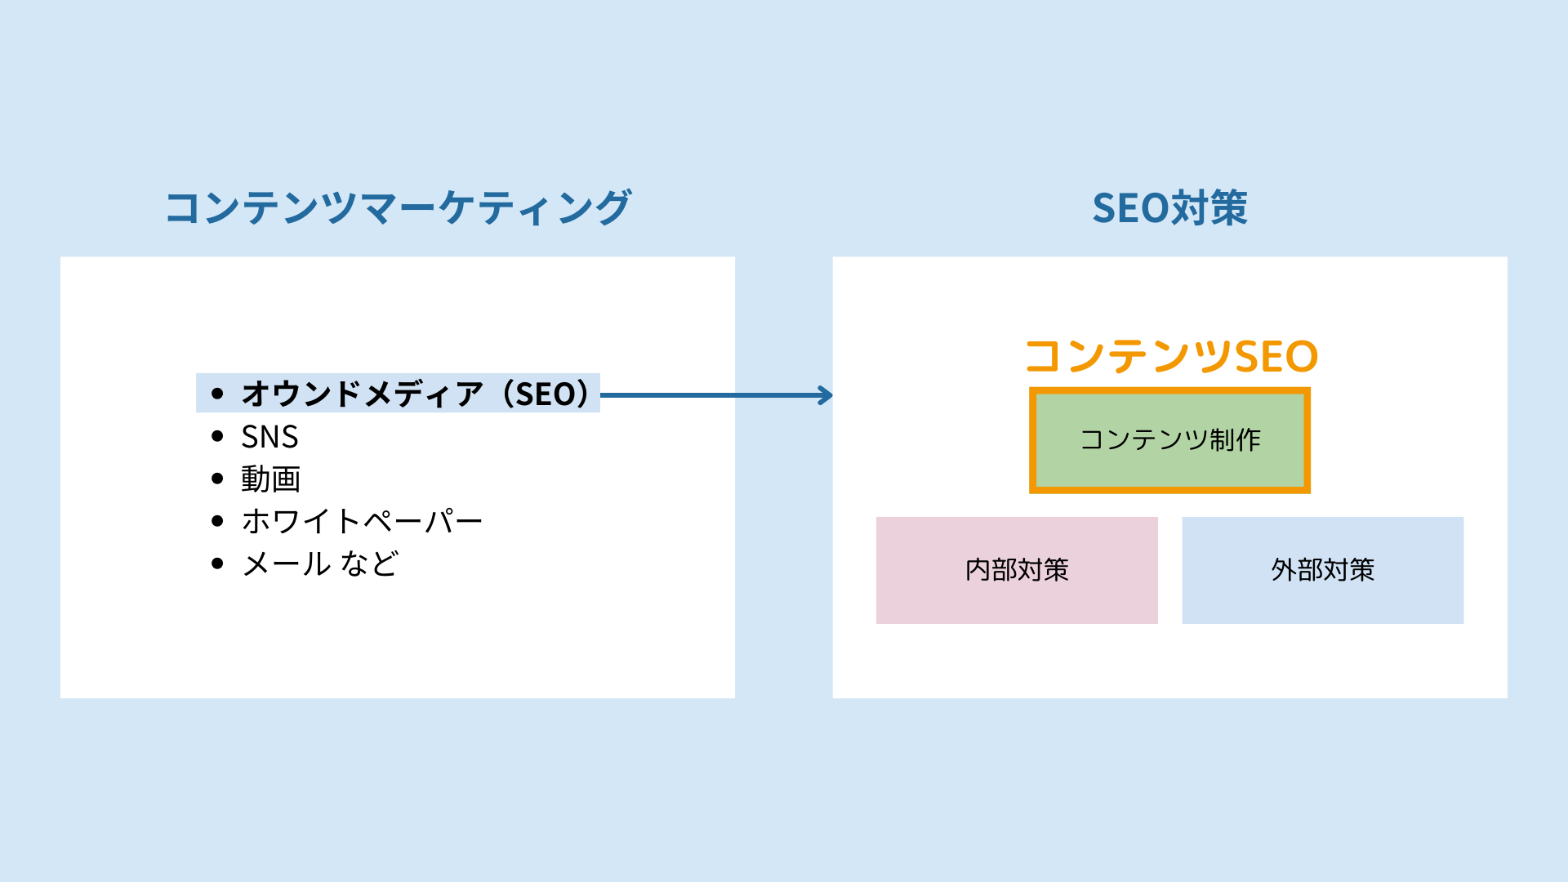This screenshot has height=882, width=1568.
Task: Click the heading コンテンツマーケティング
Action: click(398, 208)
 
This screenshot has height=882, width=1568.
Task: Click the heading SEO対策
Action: click(1169, 208)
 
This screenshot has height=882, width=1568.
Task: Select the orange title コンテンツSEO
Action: click(1171, 357)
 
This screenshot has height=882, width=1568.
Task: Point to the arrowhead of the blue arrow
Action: click(826, 395)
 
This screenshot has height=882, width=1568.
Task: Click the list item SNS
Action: click(269, 437)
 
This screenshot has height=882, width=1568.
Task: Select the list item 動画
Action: click(270, 479)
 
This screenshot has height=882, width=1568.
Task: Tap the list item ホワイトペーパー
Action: click(362, 521)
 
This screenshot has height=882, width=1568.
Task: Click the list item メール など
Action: click(319, 563)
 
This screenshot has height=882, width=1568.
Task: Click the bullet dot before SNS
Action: click(217, 437)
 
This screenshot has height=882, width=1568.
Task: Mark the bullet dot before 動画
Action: click(217, 479)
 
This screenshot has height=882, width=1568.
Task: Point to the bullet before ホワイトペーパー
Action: click(217, 521)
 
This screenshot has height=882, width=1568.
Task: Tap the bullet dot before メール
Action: click(217, 563)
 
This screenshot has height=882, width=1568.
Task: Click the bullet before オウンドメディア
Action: click(217, 394)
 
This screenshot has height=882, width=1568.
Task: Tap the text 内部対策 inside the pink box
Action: click(1017, 570)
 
